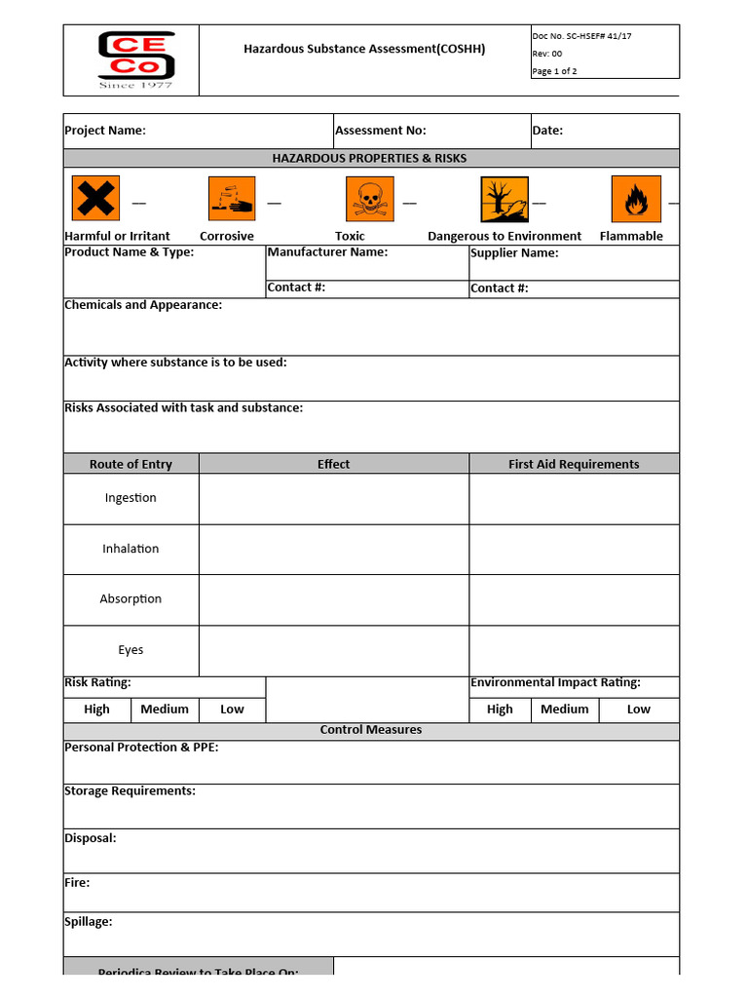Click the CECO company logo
click(x=135, y=59)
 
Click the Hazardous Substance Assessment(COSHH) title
click(x=364, y=49)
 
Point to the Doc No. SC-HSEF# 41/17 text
click(x=581, y=36)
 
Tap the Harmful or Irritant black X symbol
click(x=95, y=199)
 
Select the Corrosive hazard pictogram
click(x=232, y=199)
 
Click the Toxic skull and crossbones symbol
click(x=370, y=199)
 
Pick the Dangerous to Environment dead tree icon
click(x=505, y=199)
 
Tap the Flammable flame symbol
click(x=635, y=199)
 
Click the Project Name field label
click(x=105, y=131)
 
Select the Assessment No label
click(x=381, y=131)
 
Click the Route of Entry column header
click(x=131, y=464)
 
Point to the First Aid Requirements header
click(x=574, y=464)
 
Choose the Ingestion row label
click(x=131, y=498)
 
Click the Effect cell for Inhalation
click(x=333, y=549)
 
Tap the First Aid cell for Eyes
click(x=574, y=650)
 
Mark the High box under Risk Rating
click(x=96, y=710)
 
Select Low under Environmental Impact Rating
click(x=639, y=710)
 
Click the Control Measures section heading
click(x=371, y=730)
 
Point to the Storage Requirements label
click(x=130, y=791)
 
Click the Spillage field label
click(x=89, y=922)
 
